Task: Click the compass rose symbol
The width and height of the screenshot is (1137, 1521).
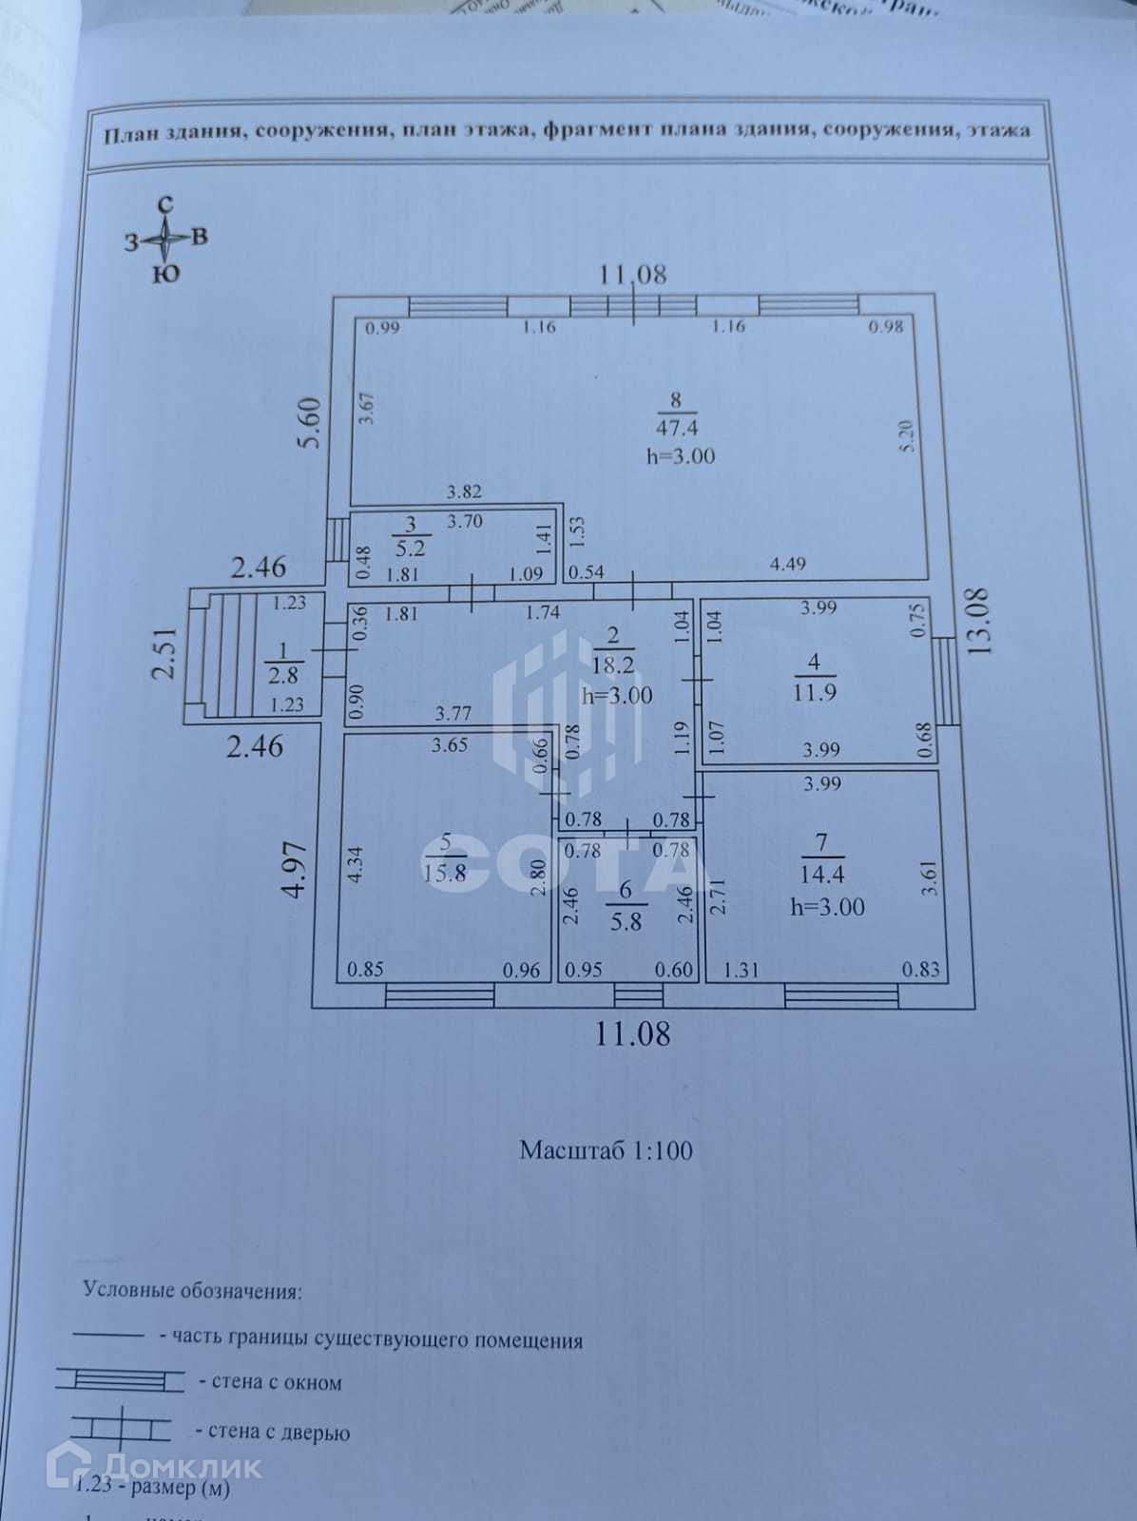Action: (x=166, y=240)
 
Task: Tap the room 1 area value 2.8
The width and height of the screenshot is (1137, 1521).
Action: (x=283, y=676)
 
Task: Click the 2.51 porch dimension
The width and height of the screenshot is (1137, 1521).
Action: (x=166, y=652)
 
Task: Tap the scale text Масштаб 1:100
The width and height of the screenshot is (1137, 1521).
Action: (x=606, y=1150)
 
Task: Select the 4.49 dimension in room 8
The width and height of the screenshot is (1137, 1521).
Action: (x=787, y=564)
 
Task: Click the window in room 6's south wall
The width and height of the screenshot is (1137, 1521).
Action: (x=638, y=995)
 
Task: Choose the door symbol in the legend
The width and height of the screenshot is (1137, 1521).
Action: (x=120, y=1429)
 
